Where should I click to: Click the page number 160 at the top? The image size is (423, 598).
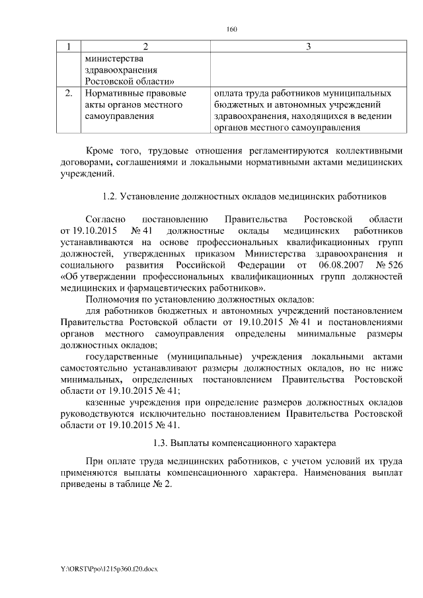[231, 29]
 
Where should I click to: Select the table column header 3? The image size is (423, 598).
[308, 46]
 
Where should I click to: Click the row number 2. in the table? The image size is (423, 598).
[68, 93]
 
